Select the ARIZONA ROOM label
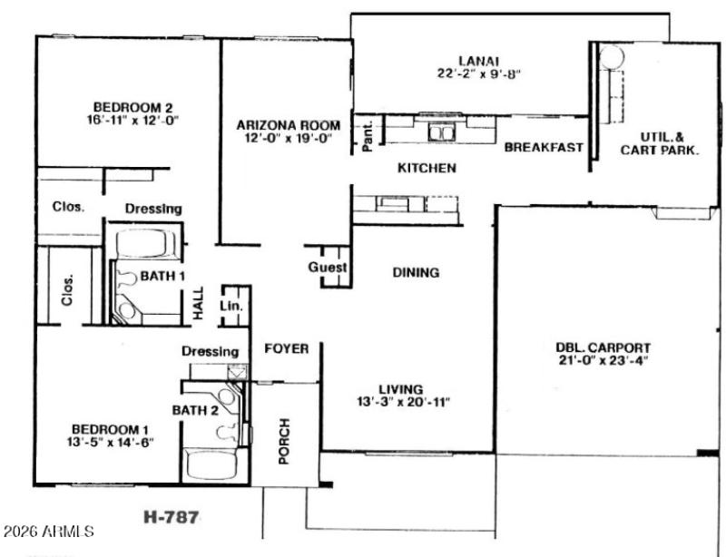point(289,125)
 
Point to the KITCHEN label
point(427,169)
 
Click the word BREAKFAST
point(544,148)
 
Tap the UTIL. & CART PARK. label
point(659,145)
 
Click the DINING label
point(416,272)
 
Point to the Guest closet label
point(327,269)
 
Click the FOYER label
point(286,349)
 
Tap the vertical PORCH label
point(284,441)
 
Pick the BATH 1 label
point(162,276)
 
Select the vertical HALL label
point(199,306)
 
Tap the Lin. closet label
point(232,308)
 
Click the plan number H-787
point(172,518)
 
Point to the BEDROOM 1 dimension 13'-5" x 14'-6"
point(112,443)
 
